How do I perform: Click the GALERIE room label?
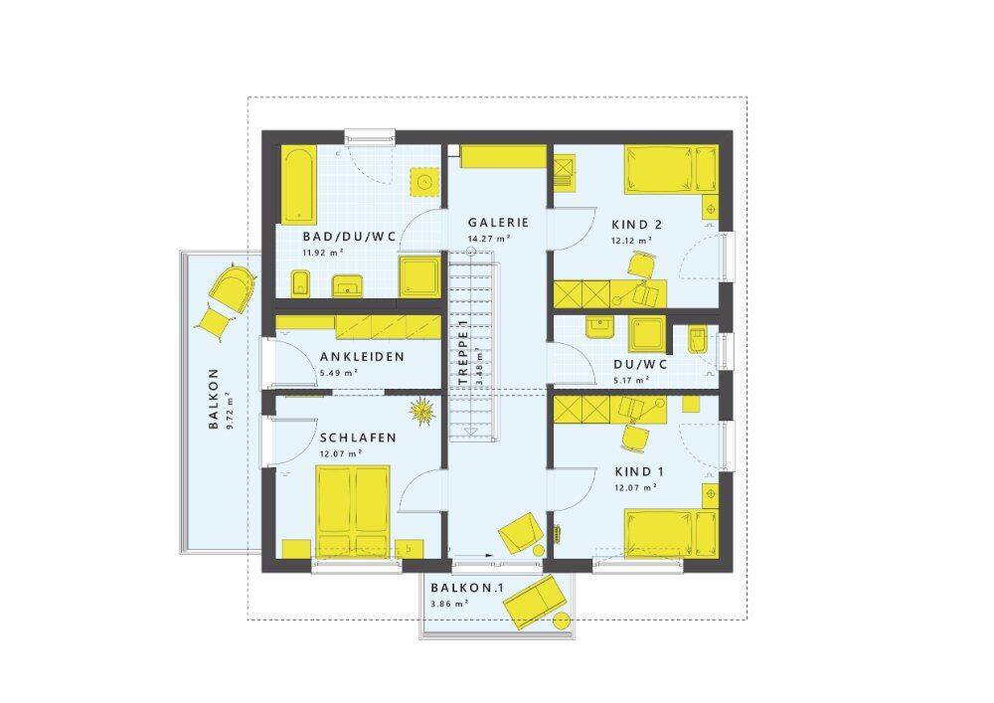point(498,223)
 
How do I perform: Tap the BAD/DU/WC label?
point(349,237)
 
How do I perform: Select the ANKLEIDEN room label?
point(362,356)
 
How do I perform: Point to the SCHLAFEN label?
point(358,438)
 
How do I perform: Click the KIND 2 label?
point(637,225)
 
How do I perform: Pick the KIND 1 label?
point(639,471)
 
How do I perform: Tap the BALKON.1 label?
point(467,588)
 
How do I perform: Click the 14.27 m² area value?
point(489,239)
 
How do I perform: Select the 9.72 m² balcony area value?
point(231,413)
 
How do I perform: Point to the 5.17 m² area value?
point(631,381)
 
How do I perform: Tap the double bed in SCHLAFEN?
point(353,511)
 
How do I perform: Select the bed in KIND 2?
point(671,169)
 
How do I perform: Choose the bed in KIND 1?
point(671,533)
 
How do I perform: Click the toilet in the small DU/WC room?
point(697,341)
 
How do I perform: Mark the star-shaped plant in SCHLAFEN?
point(421,412)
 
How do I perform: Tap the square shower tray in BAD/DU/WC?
point(418,276)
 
